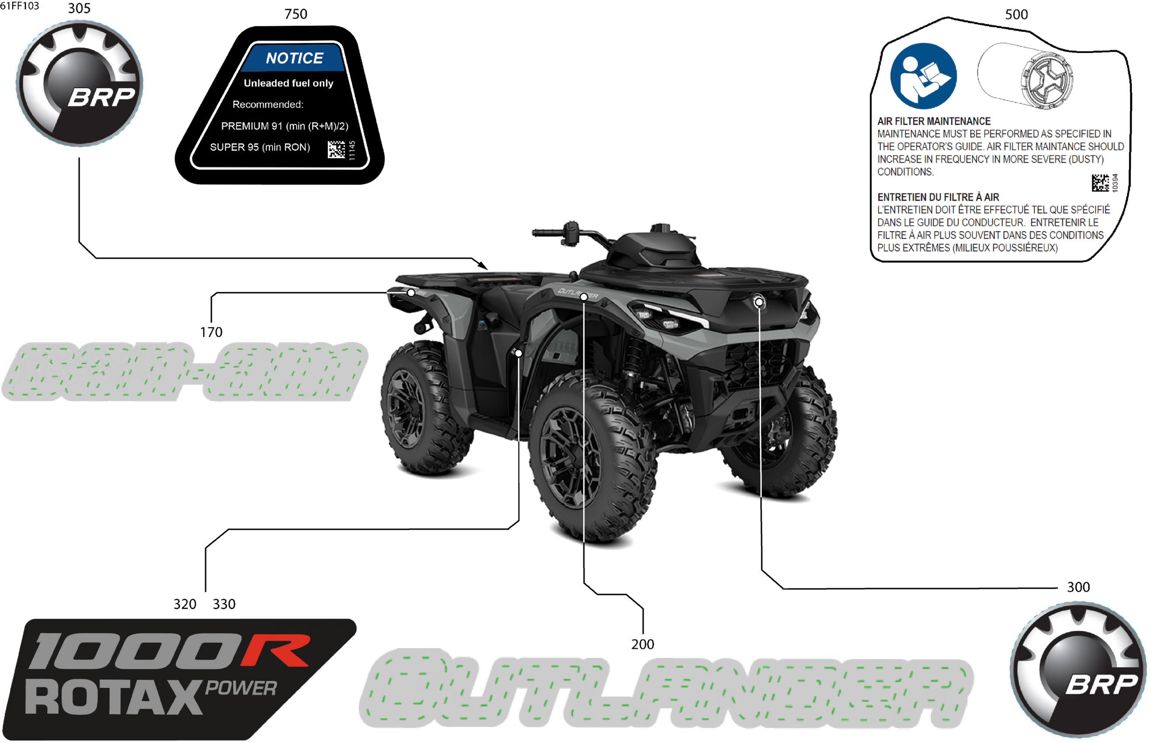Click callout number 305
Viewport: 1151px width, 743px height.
point(79,9)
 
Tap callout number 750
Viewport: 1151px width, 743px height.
point(295,14)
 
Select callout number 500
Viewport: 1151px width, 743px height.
point(1016,14)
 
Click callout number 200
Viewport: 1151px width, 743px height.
point(642,644)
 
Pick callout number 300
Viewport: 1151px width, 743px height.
point(1078,587)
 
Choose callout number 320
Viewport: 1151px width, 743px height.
point(185,604)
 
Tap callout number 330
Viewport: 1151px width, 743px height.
point(224,604)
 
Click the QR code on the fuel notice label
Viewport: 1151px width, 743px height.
point(336,149)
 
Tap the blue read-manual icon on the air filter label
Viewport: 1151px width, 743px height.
point(923,76)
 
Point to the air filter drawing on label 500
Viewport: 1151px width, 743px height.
point(1025,76)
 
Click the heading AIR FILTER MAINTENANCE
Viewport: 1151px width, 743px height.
point(933,121)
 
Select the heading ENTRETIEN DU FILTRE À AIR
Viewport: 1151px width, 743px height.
point(938,197)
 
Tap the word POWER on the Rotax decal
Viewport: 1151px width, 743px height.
point(241,688)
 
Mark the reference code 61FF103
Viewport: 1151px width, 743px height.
point(20,6)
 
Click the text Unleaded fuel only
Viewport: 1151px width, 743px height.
point(288,83)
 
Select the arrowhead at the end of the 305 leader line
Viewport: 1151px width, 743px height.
point(484,266)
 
